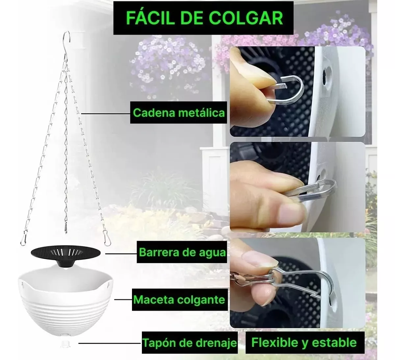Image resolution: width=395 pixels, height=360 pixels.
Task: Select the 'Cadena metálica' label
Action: click(x=179, y=113)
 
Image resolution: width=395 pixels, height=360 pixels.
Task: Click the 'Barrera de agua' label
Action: click(x=182, y=252)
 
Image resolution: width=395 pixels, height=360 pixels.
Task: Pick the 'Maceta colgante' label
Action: click(x=179, y=300)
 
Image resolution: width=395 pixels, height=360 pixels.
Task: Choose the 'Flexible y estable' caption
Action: click(x=305, y=343)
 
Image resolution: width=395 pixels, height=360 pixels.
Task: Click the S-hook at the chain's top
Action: click(x=67, y=46)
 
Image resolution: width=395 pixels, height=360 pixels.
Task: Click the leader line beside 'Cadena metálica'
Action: click(x=106, y=114)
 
